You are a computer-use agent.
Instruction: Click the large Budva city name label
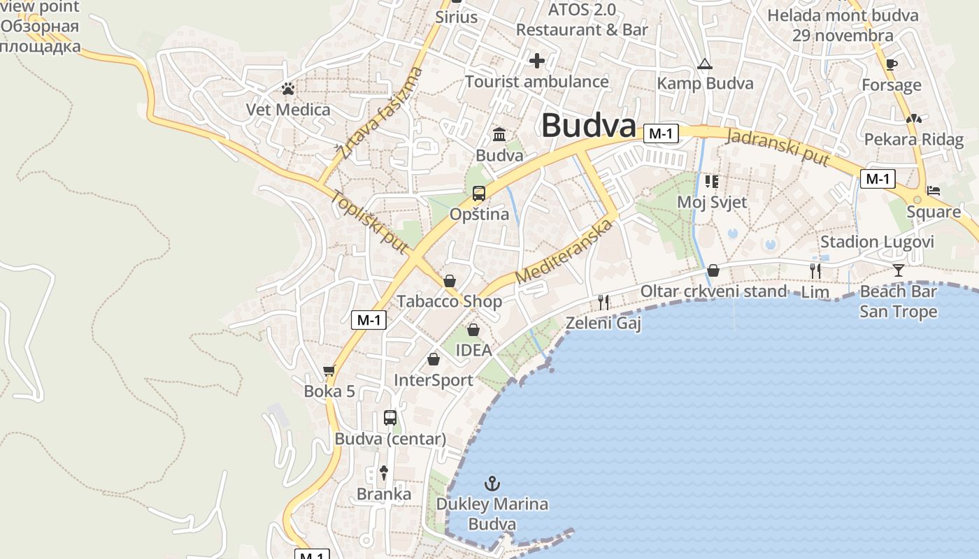click(588, 126)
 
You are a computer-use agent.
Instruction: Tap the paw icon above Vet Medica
click(287, 89)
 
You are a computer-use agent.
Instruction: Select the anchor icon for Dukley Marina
click(493, 483)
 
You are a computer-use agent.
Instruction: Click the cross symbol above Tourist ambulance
click(537, 61)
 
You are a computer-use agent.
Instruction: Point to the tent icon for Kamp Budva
click(705, 64)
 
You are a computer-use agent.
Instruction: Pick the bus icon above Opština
click(479, 194)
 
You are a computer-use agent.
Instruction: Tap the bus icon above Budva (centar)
click(390, 418)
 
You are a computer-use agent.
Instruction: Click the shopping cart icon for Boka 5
click(329, 370)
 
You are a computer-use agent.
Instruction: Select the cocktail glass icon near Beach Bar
click(899, 270)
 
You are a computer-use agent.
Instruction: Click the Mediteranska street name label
click(564, 252)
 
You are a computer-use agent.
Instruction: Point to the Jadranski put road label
click(778, 147)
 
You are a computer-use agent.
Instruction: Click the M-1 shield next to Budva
click(661, 133)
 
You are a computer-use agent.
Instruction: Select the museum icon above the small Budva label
click(499, 134)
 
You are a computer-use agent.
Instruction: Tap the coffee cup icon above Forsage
click(891, 64)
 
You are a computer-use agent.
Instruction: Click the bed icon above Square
click(933, 191)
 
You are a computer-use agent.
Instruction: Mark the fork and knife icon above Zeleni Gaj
click(603, 302)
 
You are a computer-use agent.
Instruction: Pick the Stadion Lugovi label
click(877, 242)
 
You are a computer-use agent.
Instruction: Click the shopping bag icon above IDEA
click(473, 329)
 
